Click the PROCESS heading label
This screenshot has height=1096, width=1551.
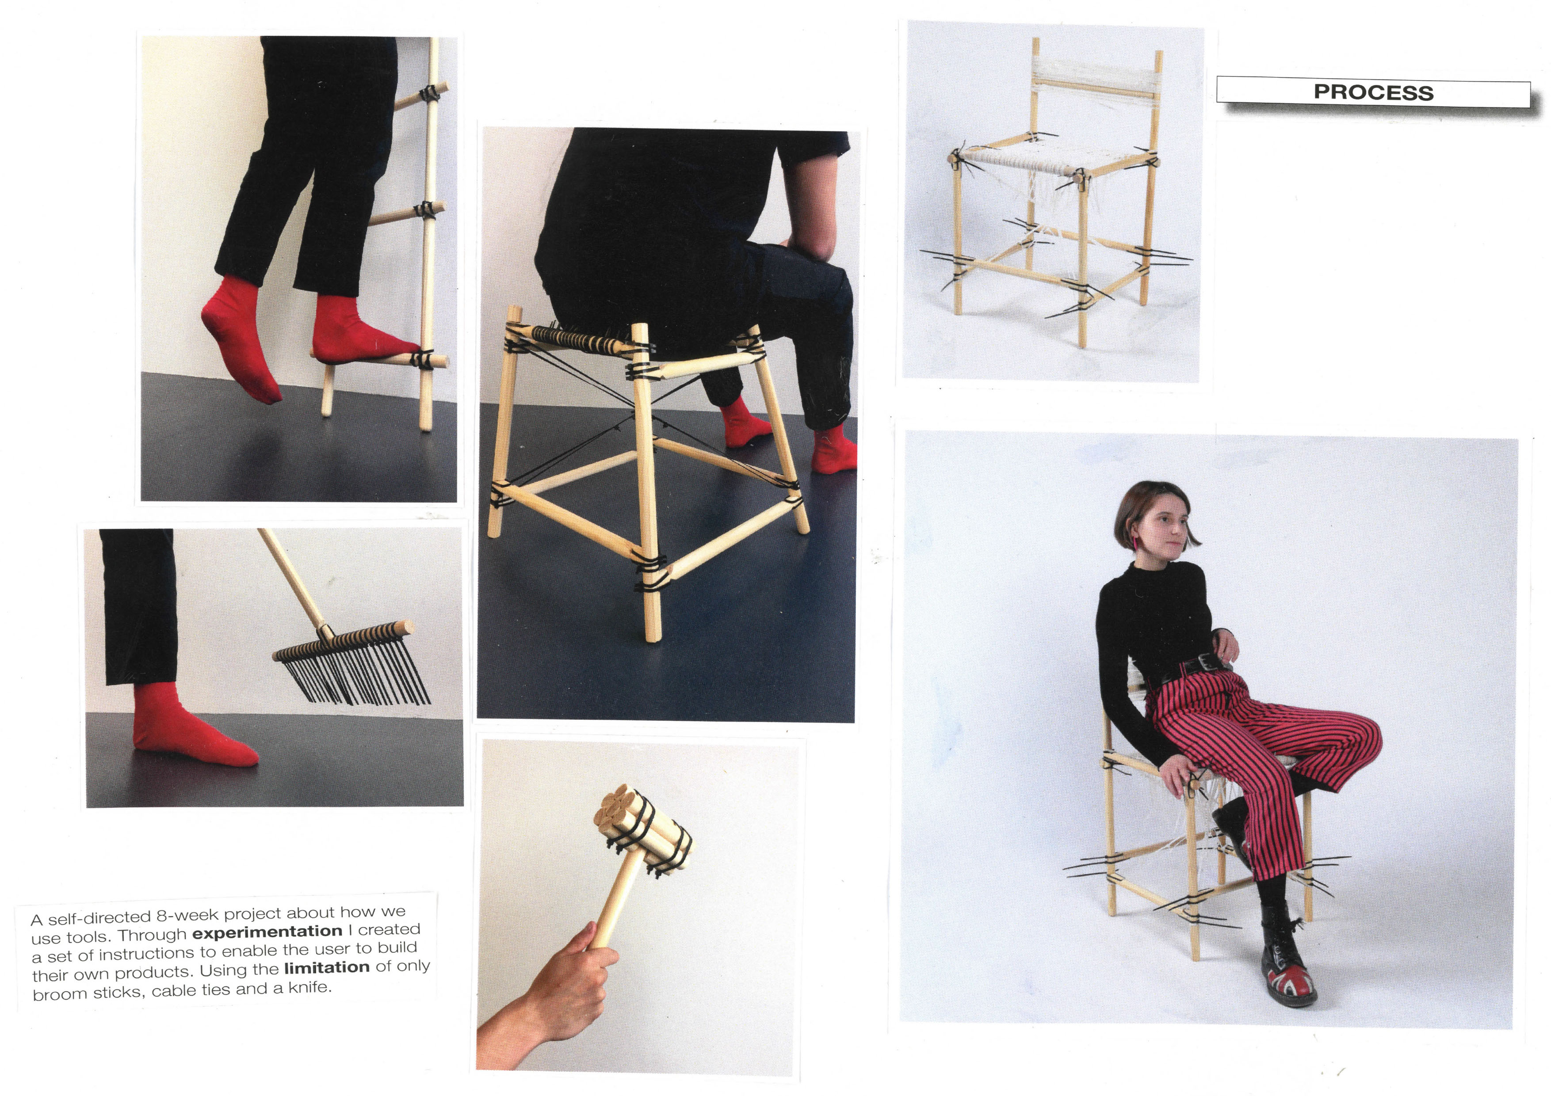pos(1373,92)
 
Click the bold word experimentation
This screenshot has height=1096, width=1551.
pos(267,932)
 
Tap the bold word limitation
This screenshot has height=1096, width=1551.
pos(327,968)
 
